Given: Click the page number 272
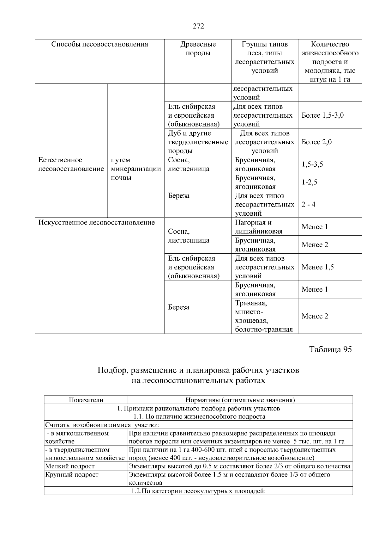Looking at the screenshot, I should tap(198, 26).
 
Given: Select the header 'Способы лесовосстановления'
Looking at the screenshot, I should tap(99, 44).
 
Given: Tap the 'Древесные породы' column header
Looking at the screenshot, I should tap(198, 49).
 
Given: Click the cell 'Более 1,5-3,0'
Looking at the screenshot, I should tap(322, 115).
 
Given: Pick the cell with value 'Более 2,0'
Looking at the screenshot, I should tap(316, 142).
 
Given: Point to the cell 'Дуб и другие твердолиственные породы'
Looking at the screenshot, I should tap(198, 142).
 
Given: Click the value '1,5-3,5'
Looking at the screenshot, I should tap(312, 164).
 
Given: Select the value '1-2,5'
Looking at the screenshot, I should tap(309, 182).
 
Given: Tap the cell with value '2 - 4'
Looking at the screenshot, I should tap(308, 204).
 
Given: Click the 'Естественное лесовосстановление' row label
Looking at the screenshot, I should tap(71, 164).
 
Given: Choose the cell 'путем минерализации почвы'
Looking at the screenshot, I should tap(136, 169).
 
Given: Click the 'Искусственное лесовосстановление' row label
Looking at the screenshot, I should tap(97, 223).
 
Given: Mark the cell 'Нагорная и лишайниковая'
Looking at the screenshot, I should tap(259, 227).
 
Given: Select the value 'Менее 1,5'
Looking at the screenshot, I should tap(317, 267).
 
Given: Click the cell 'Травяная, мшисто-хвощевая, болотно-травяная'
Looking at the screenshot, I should tap(264, 316).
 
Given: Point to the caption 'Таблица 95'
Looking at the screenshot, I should tap(330, 349).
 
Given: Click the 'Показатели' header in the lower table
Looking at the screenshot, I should tap(86, 400).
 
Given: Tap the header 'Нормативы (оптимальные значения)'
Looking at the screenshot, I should tap(240, 400).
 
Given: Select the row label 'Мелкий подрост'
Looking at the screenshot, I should tap(70, 466).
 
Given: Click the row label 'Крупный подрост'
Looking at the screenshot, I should tap(72, 475).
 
